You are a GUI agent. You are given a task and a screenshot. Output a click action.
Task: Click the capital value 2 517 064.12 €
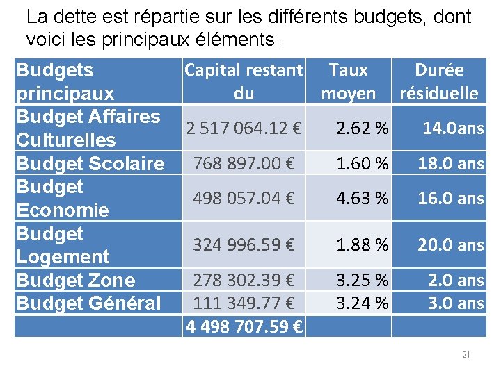click(x=244, y=128)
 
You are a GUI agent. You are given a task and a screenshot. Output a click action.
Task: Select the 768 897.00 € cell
click(x=244, y=163)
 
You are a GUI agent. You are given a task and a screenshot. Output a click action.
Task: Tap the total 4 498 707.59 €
click(x=244, y=326)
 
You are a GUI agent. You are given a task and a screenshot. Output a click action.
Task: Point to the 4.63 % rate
click(x=362, y=198)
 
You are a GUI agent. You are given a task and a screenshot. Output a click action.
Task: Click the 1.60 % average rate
click(x=362, y=163)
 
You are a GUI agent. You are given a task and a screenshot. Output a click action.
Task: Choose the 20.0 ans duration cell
click(x=450, y=244)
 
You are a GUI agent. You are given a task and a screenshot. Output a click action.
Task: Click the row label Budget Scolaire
click(x=90, y=163)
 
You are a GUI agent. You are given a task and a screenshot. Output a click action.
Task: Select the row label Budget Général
click(x=88, y=303)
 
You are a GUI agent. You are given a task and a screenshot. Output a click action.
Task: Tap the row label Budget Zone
click(x=75, y=280)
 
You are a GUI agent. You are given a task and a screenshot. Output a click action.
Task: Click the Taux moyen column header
click(x=348, y=81)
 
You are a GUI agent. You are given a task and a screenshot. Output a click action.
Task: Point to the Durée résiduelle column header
click(x=438, y=81)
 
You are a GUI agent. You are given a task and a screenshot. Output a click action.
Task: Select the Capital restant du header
click(x=244, y=81)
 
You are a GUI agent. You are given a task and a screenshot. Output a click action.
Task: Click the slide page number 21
click(x=466, y=355)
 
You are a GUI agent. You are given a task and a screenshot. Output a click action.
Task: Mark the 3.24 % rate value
click(x=362, y=303)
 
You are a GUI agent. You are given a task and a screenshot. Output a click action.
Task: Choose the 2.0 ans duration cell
click(x=456, y=280)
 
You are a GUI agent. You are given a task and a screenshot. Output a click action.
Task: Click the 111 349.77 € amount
click(x=244, y=303)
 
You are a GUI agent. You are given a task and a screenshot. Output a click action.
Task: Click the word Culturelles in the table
click(x=65, y=140)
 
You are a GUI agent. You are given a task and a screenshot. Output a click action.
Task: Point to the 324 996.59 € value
click(x=244, y=244)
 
